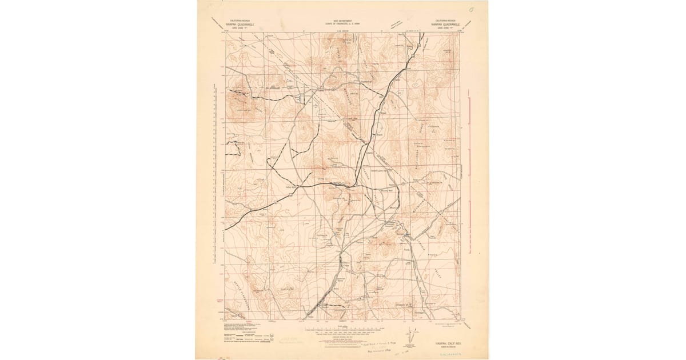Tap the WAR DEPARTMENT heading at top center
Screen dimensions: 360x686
[343, 21]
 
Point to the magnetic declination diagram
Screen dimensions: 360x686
[409, 341]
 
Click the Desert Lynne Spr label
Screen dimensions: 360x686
[381, 170]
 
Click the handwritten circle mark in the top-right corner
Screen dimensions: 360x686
[470, 10]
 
